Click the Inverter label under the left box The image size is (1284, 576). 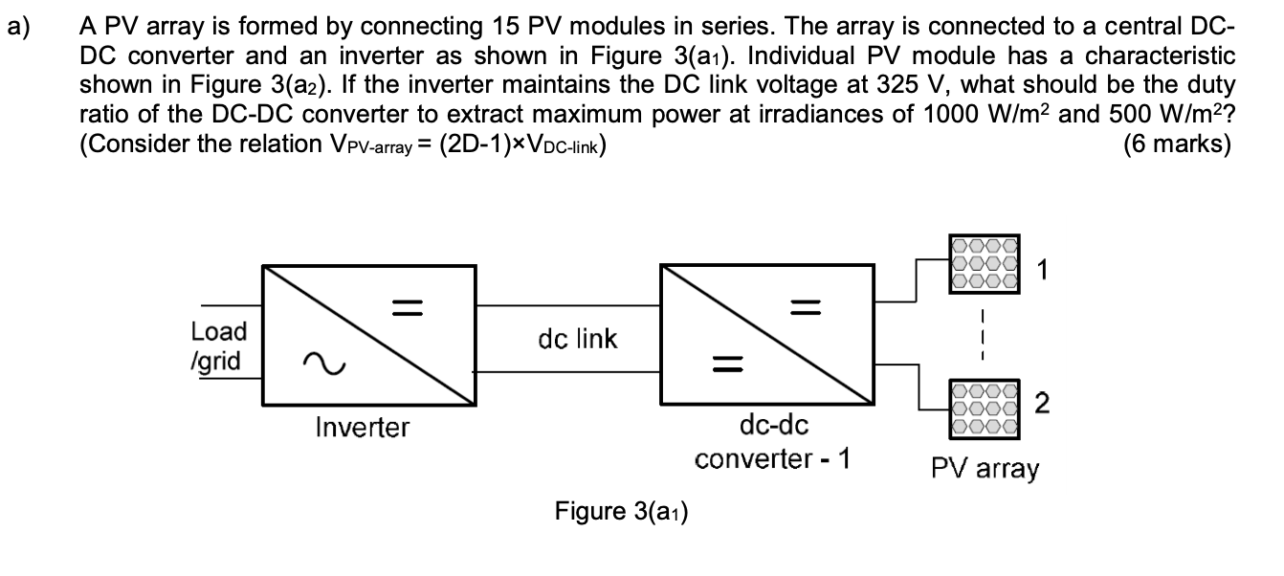click(362, 427)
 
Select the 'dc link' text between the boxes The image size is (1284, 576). click(577, 338)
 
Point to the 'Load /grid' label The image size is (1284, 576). click(218, 346)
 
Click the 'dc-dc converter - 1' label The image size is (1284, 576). click(772, 442)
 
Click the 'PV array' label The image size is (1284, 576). click(985, 469)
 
